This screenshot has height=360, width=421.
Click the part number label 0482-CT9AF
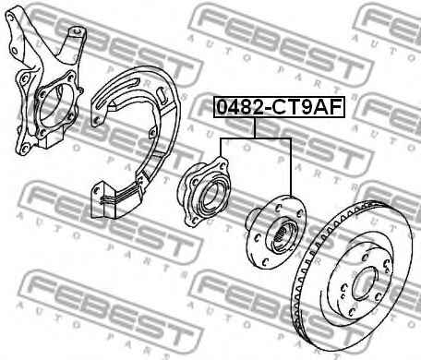(279, 107)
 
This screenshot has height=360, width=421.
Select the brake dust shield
(136, 141)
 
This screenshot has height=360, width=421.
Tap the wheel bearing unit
(203, 191)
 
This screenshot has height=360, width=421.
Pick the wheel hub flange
(276, 231)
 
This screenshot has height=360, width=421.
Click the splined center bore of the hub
(283, 235)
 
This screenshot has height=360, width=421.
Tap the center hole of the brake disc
(365, 283)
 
